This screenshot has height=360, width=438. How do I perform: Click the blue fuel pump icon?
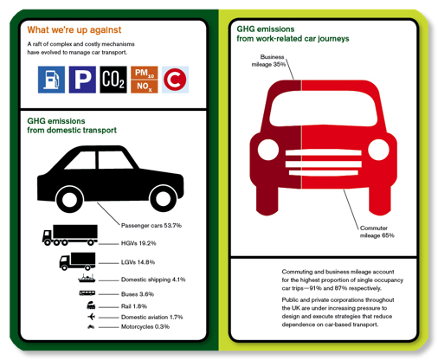(51, 80)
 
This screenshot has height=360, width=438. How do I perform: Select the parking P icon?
(82, 80)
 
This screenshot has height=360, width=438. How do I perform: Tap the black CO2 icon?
(113, 80)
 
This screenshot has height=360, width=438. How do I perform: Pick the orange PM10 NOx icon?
(145, 80)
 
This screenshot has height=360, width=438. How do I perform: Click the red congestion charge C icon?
(175, 80)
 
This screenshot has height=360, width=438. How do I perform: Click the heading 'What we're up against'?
(74, 29)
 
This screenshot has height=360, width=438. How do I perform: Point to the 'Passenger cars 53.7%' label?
(151, 225)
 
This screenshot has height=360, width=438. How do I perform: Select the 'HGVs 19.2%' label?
(138, 243)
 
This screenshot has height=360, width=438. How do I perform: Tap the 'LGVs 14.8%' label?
(138, 262)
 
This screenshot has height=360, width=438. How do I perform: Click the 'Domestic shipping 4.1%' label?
(153, 280)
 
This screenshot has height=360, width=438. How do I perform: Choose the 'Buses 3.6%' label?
(138, 294)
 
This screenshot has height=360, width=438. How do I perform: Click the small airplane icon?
(91, 317)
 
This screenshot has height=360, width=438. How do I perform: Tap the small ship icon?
(87, 278)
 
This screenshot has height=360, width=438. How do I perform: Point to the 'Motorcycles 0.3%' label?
(145, 326)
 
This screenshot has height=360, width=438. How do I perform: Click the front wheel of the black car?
(164, 198)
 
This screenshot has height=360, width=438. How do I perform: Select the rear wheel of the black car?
(70, 200)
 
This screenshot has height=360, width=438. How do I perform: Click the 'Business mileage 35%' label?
(268, 61)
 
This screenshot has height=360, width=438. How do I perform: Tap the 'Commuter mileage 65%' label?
(377, 232)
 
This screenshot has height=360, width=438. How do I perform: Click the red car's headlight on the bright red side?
(378, 150)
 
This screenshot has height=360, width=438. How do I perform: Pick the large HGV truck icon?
(70, 235)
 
